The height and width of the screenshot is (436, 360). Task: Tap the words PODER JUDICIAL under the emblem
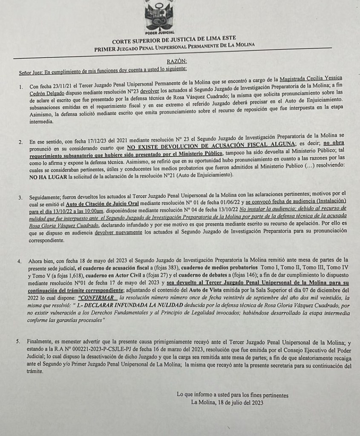159,33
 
